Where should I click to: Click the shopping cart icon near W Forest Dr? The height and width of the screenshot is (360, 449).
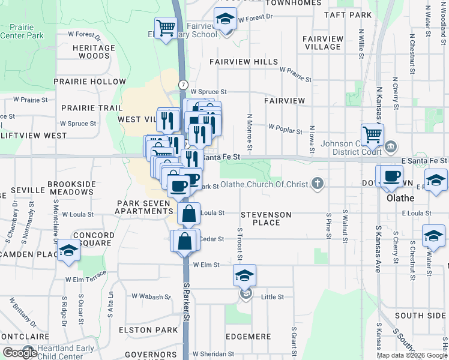pyautogui.click(x=165, y=28)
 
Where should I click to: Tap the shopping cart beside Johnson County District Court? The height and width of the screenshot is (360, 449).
pyautogui.click(x=372, y=134)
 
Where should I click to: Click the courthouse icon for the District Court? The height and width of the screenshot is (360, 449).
pyautogui.click(x=390, y=146)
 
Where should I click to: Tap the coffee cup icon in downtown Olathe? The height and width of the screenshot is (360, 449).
pyautogui.click(x=392, y=176)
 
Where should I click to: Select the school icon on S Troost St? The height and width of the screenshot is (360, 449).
pyautogui.click(x=244, y=275)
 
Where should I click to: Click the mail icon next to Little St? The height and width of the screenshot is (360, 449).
pyautogui.click(x=246, y=294)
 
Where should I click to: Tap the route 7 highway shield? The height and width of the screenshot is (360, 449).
pyautogui.click(x=182, y=85)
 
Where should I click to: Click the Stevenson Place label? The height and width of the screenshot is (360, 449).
pyautogui.click(x=266, y=218)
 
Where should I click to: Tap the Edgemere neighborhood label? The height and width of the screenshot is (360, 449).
pyautogui.click(x=250, y=337)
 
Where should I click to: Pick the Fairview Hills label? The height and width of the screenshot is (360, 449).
pyautogui.click(x=244, y=62)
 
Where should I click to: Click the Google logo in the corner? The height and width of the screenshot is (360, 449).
pyautogui.click(x=20, y=353)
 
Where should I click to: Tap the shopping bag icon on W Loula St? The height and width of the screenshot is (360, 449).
pyautogui.click(x=188, y=212)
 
